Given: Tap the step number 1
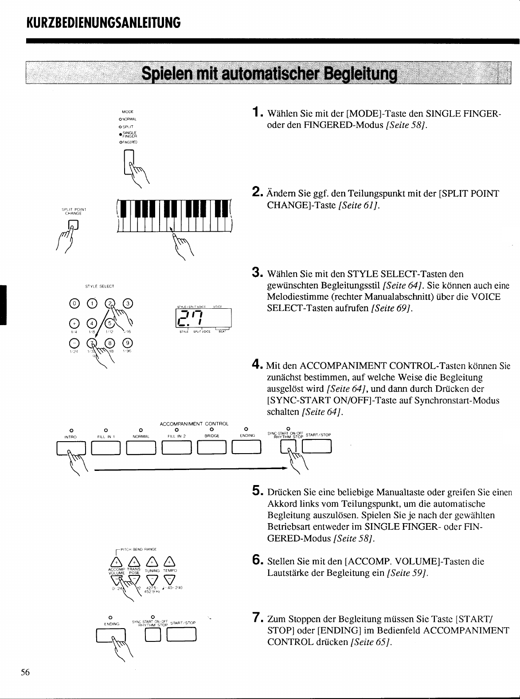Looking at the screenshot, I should pyautogui.click(x=255, y=113).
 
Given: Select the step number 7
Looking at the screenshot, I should pyautogui.click(x=255, y=617).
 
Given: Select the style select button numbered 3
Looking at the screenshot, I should pyautogui.click(x=127, y=303).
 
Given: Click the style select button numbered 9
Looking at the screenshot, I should pyautogui.click(x=127, y=342).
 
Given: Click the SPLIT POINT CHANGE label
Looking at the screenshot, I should pyautogui.click(x=73, y=211).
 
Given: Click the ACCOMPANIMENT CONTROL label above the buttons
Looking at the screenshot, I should pyautogui.click(x=194, y=424).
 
